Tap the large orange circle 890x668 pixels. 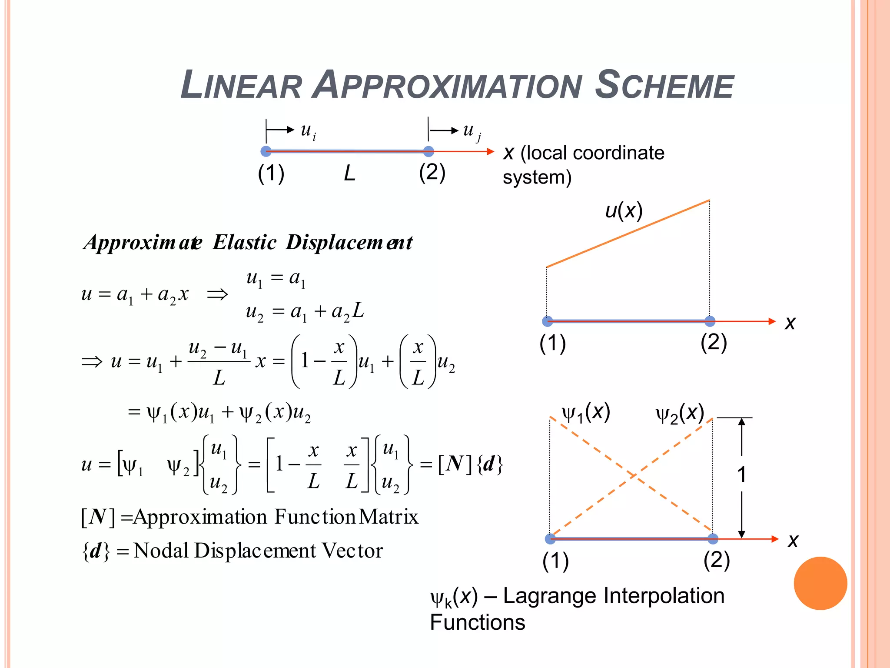pyautogui.click(x=820, y=583)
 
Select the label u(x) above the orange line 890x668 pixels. pyautogui.click(x=624, y=211)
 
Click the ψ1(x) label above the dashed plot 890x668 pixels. pyautogui.click(x=586, y=412)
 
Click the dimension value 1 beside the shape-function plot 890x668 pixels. pyautogui.click(x=742, y=474)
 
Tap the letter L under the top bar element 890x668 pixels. pyautogui.click(x=349, y=174)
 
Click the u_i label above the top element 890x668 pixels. pyautogui.click(x=308, y=130)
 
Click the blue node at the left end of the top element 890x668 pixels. pyautogui.click(x=266, y=151)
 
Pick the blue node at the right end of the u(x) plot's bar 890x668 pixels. pyautogui.click(x=710, y=321)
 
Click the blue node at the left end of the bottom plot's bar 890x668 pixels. pyautogui.click(x=550, y=539)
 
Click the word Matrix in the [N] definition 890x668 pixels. pyautogui.click(x=389, y=517)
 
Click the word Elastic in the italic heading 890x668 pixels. pyautogui.click(x=245, y=242)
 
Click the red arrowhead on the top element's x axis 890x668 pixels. pyautogui.click(x=491, y=151)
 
